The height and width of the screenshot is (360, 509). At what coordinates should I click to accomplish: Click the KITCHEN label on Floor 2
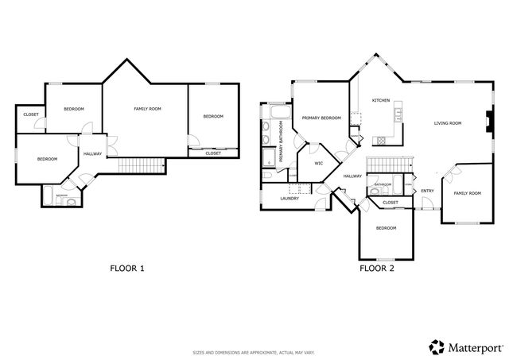tap(380, 100)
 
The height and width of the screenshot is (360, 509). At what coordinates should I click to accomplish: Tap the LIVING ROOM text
tap(448, 123)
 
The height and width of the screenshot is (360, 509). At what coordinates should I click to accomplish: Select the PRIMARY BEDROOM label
tap(321, 118)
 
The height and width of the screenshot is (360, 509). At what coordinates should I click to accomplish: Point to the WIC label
tap(318, 163)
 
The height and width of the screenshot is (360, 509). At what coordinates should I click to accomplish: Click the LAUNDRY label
tap(289, 198)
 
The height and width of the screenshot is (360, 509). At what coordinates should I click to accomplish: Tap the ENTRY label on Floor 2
tap(427, 190)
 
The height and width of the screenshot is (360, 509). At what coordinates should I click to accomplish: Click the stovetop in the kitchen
tap(381, 140)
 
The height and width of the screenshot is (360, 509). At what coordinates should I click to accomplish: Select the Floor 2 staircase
tap(390, 164)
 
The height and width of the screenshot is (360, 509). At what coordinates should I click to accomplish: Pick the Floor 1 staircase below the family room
tap(138, 165)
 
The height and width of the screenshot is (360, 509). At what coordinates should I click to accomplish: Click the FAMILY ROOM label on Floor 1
tap(147, 108)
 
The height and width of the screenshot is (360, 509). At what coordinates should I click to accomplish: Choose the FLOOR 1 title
tap(126, 268)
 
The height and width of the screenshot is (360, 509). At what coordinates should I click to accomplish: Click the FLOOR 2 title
tap(377, 268)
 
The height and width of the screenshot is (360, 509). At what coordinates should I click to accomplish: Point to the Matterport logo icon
tap(436, 346)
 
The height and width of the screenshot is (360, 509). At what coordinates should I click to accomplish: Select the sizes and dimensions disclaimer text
tap(254, 352)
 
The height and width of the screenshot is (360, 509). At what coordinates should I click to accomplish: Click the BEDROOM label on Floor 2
tap(386, 228)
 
